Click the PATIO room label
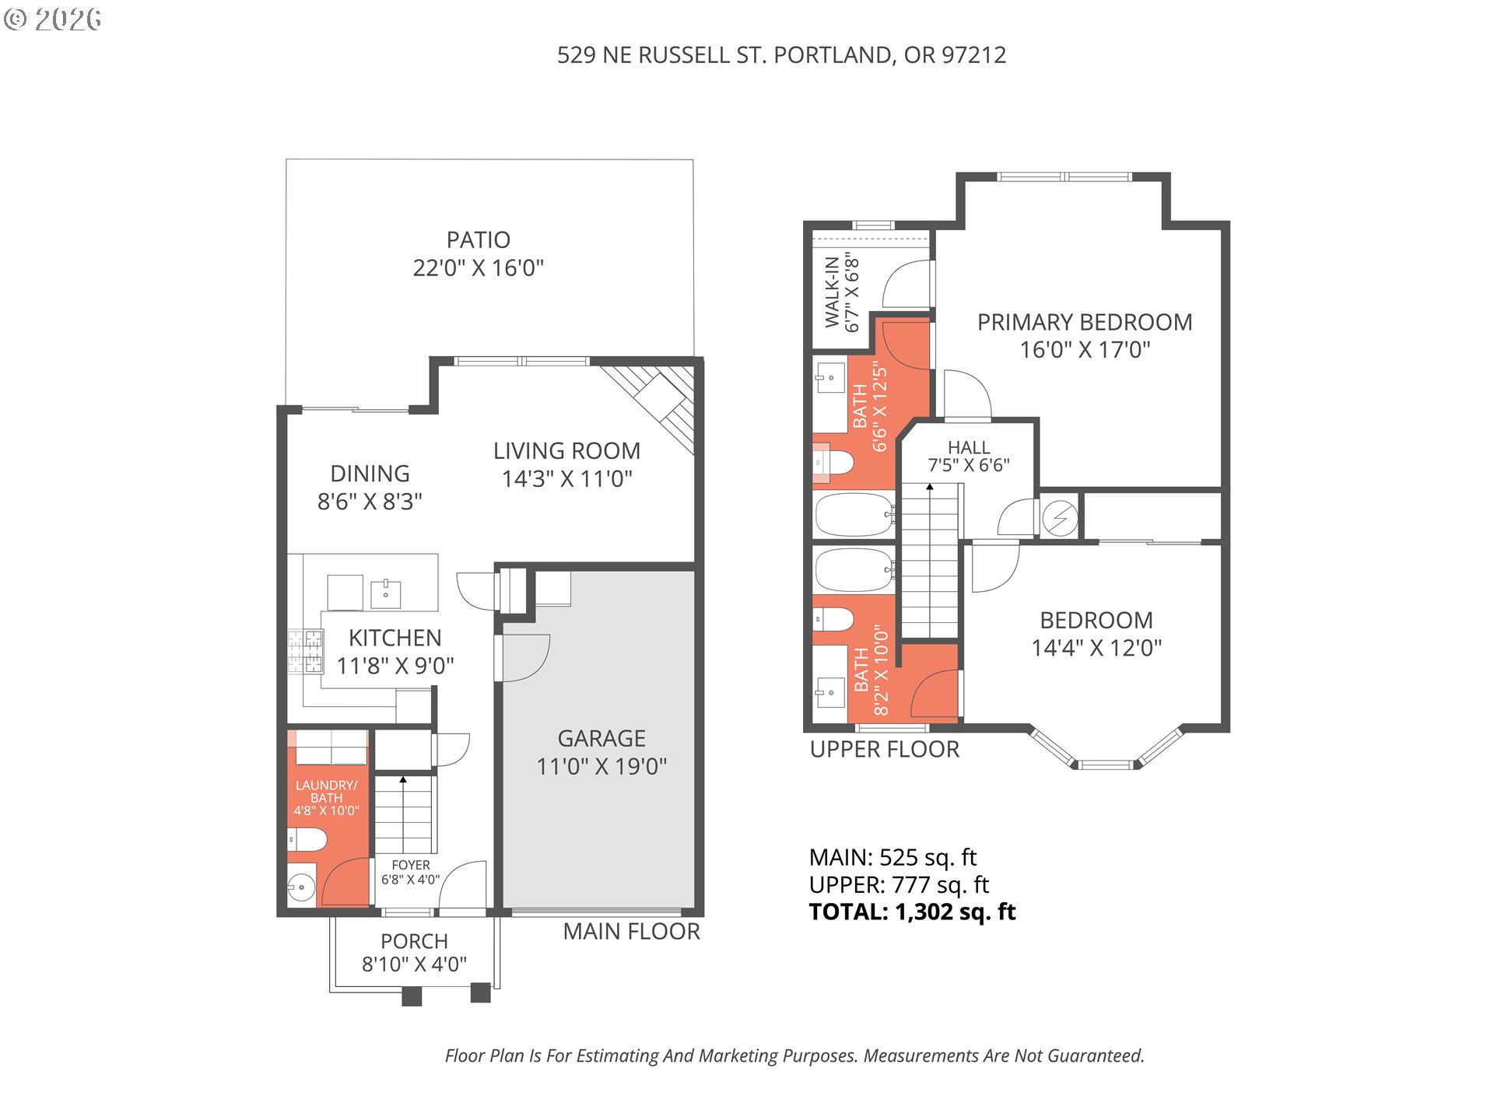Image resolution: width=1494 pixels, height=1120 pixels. (x=478, y=240)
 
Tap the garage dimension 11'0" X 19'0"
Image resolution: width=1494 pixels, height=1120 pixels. (x=601, y=766)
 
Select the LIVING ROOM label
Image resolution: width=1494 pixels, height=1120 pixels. (x=566, y=450)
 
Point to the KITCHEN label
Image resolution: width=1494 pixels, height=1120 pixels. (x=395, y=638)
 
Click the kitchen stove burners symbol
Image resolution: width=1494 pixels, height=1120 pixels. (x=305, y=651)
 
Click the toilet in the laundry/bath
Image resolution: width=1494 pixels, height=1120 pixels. (x=307, y=840)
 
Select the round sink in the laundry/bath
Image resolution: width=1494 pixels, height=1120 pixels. (x=301, y=886)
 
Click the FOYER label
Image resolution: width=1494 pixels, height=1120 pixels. (x=411, y=865)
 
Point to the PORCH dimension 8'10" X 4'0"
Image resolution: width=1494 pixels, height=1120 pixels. (x=414, y=964)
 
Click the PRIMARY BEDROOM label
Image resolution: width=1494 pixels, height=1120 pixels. (x=1085, y=322)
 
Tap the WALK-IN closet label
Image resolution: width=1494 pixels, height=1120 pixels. (x=832, y=292)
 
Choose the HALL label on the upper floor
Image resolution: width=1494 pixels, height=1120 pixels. (x=969, y=447)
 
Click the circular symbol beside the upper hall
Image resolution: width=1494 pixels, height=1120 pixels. (x=1060, y=517)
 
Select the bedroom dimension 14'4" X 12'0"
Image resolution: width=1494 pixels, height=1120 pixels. (x=1096, y=648)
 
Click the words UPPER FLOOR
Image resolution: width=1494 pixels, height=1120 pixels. (x=885, y=749)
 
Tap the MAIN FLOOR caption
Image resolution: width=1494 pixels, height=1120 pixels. (x=631, y=931)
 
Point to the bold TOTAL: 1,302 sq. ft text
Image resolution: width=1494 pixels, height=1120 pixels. (x=912, y=912)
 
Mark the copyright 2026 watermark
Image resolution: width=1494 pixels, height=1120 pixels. (x=52, y=19)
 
